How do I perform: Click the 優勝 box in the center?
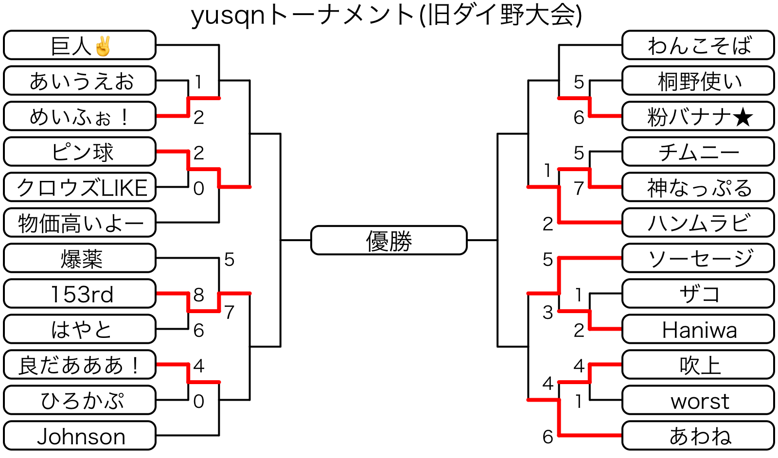pos(389,240)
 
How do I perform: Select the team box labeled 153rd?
pos(80,294)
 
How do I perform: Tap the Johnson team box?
pos(80,436)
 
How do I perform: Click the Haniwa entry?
pos(698,330)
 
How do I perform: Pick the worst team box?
pos(698,401)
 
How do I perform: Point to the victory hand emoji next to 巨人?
pos(103,46)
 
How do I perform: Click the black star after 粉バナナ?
pos(743,117)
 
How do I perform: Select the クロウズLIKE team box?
pos(80,187)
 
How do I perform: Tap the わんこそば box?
pos(698,45)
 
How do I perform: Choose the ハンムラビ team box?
pos(698,223)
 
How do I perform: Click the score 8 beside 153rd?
pos(198,295)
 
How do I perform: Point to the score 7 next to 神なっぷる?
pos(579,188)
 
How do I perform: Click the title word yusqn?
pos(228,16)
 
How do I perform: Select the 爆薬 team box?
pos(80,258)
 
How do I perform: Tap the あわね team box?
pos(698,436)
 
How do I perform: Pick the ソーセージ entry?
pos(698,258)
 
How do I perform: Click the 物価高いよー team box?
pos(80,223)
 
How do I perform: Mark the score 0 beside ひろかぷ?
pos(198,402)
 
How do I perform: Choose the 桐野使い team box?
pos(698,81)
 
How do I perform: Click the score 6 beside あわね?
pos(548,437)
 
